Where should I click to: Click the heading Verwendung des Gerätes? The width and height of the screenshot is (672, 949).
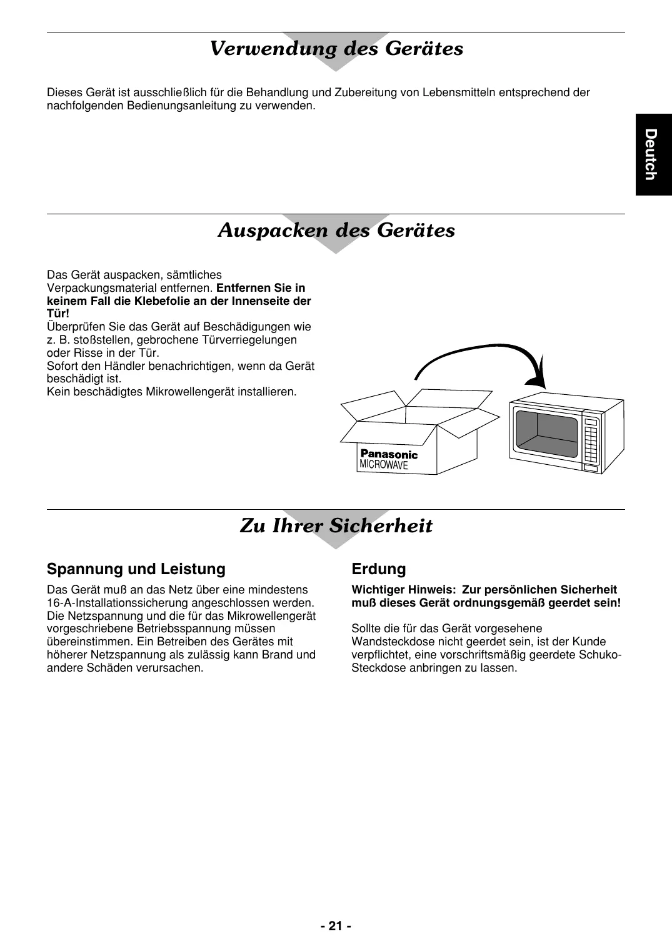(x=336, y=49)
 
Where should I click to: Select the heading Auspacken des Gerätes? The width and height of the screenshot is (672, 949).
(x=336, y=231)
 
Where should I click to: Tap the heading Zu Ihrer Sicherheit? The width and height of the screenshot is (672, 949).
(x=336, y=526)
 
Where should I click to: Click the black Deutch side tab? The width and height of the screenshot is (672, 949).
(x=653, y=154)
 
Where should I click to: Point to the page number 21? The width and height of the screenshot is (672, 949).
(x=336, y=926)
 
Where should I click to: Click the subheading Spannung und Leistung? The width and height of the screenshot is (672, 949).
(x=136, y=569)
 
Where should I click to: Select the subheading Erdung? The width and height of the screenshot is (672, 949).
(x=379, y=569)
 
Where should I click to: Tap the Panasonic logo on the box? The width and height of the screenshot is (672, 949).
(x=389, y=454)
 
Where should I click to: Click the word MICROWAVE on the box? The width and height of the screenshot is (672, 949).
(x=384, y=465)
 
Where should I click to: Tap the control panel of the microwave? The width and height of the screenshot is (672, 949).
(x=591, y=441)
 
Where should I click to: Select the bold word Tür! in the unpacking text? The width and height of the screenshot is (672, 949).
(x=58, y=314)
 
